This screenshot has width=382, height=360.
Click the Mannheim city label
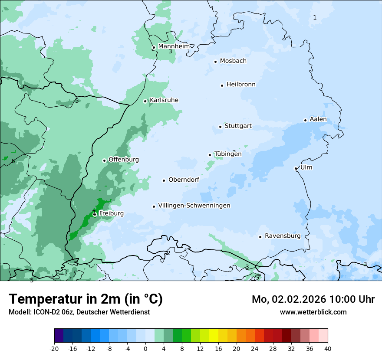pos(174,46)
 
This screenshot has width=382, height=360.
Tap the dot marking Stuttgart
pos(220,127)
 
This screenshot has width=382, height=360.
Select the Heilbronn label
pos(241,84)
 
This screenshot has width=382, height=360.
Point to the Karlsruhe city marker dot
pos(145,101)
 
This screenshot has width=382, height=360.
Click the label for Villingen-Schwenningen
pos(194,205)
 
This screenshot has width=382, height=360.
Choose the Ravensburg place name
pos(282,236)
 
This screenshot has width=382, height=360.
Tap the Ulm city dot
pos(296,168)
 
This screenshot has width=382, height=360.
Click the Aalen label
pos(318,119)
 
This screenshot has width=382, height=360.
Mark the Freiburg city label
pos(111,213)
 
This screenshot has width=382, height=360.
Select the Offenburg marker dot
pos(104,160)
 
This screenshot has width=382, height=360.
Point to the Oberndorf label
pos(184,180)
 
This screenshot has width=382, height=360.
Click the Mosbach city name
pos(233,61)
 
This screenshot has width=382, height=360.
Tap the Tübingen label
pos(228,154)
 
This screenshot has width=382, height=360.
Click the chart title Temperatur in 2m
pos(86,299)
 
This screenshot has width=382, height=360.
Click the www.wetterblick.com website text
pos(313,312)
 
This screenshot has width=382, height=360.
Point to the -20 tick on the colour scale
pos(54,348)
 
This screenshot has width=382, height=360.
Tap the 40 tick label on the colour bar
pos(328,348)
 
